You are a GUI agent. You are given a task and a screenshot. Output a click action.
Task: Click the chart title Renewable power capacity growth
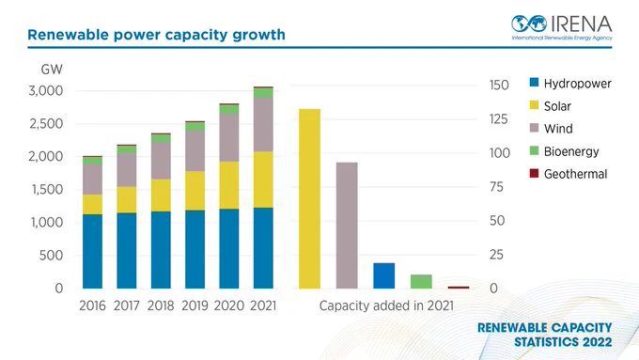click(156, 35)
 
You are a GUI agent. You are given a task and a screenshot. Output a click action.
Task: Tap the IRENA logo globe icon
click(529, 23)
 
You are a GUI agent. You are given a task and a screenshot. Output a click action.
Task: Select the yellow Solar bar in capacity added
click(310, 198)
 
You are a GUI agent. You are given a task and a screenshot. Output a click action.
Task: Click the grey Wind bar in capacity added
click(347, 226)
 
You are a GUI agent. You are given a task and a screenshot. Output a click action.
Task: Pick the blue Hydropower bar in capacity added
click(384, 275)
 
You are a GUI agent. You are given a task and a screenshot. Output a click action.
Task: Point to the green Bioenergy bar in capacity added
click(421, 282)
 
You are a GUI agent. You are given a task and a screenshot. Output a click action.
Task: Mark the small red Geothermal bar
click(459, 288)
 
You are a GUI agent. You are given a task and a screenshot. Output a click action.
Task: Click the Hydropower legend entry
click(570, 83)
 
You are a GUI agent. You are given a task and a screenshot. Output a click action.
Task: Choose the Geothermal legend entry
click(569, 174)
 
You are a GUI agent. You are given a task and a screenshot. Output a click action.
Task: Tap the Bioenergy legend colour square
click(534, 150)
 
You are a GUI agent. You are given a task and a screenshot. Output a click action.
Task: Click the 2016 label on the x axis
click(92, 305)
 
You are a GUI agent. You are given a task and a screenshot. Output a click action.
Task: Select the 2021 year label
click(263, 305)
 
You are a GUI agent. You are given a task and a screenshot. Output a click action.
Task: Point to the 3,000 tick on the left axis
click(46, 90)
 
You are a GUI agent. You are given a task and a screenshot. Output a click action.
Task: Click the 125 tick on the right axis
click(499, 119)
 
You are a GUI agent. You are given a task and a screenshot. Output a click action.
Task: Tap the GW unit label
click(52, 70)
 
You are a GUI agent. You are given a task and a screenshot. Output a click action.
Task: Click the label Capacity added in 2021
click(386, 305)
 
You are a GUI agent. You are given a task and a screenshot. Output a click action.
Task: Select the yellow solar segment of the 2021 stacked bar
click(263, 180)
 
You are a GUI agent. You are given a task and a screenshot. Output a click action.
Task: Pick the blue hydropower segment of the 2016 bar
click(92, 252)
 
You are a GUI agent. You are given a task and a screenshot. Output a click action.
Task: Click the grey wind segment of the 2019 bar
click(195, 150)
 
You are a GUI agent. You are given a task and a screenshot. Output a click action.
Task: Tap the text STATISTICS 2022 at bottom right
click(563, 341)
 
